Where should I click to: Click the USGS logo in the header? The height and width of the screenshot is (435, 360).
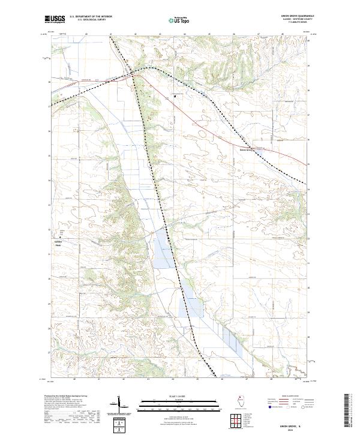coord(55,19)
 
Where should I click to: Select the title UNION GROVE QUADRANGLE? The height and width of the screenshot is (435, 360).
coord(298,16)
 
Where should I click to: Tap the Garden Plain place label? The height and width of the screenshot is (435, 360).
coord(58,243)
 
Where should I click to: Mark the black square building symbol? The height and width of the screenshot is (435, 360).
coord(175,95)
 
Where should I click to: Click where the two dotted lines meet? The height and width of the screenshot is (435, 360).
coord(133,75)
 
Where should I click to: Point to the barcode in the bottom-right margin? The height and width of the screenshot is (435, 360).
coord(350,411)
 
